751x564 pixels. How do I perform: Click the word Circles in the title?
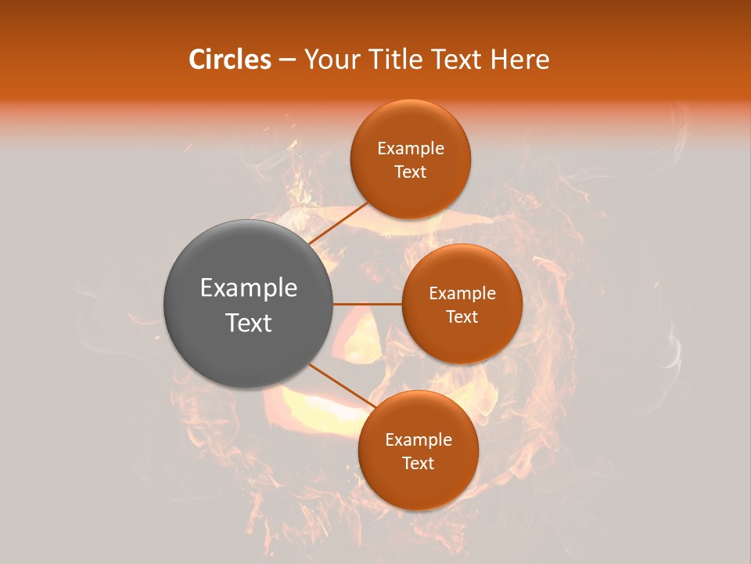(230, 60)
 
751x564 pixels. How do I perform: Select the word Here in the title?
(522, 60)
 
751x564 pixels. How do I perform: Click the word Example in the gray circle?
(249, 288)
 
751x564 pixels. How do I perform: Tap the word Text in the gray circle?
(249, 323)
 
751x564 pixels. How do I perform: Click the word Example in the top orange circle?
(411, 149)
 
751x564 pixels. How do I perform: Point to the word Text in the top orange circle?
(411, 172)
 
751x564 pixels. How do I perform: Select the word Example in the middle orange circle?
(462, 294)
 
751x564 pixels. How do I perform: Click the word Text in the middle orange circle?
(462, 317)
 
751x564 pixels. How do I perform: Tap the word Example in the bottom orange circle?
(419, 440)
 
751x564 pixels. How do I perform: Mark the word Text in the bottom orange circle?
(419, 464)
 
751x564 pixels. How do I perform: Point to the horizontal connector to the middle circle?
(368, 304)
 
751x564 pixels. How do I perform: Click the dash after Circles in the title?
(287, 60)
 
